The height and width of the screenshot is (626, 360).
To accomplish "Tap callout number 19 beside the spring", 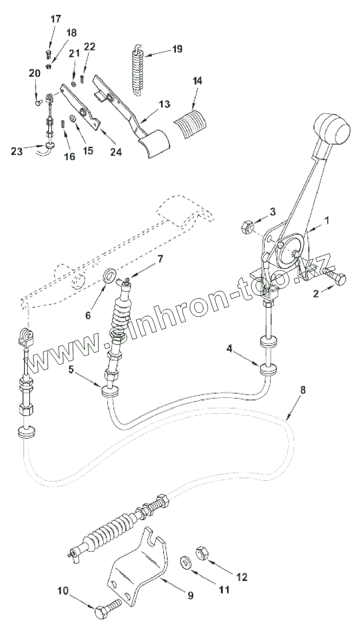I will [x=177, y=49].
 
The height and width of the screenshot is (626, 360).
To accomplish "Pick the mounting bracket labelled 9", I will [x=136, y=563].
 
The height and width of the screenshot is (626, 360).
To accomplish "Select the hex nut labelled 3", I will [x=245, y=225].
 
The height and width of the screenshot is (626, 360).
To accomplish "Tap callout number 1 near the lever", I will [x=327, y=221].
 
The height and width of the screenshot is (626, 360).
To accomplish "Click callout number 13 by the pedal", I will [x=164, y=104].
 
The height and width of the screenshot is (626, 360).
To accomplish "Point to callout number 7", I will [x=160, y=260].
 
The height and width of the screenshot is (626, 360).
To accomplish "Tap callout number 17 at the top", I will [x=55, y=19].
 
